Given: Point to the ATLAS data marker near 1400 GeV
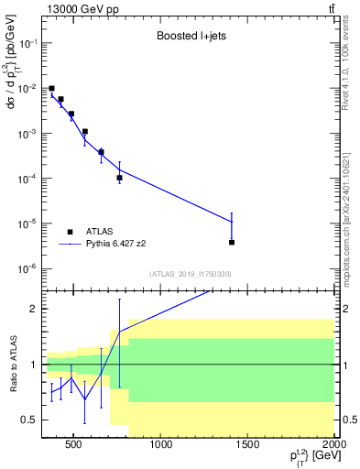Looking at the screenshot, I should pos(232,243).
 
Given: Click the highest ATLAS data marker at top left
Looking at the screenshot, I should pos(51,89).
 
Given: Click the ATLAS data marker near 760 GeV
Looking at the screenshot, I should pos(120,178).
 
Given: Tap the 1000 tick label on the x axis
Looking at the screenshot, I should pos(161,446).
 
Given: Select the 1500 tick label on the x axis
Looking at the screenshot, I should pos(248,446).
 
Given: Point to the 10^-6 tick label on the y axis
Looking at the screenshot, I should pos(27,268).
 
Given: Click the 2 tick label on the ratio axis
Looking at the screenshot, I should pos(33,310).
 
